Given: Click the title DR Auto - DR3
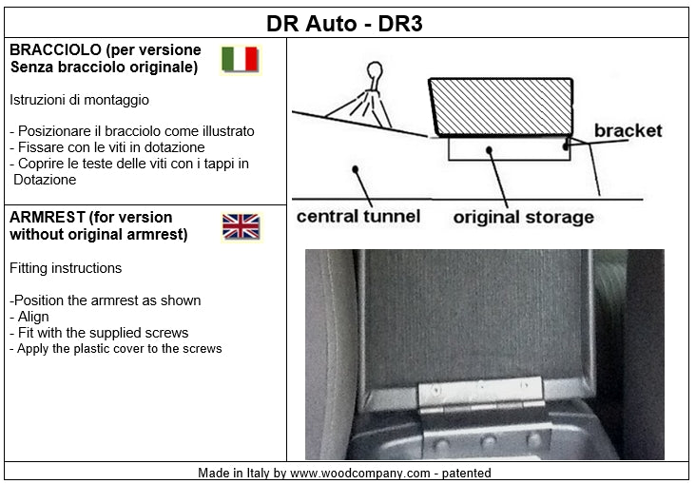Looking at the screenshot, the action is coord(344,24).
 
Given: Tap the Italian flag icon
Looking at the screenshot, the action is coord(241,60).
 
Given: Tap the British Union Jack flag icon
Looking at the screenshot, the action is coord(241,227).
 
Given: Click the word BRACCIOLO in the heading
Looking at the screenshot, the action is coord(55,49).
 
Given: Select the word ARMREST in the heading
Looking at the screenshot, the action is coord(47,217).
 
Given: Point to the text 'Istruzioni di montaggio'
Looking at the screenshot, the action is coord(79,100).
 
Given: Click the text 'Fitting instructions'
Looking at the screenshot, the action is coord(66,268).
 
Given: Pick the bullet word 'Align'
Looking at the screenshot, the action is coord(33,317).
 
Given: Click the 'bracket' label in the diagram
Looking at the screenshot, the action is coord(628,130).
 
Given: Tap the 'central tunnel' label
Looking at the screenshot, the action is coord(358,216).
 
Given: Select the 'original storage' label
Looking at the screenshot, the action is coord(523,217).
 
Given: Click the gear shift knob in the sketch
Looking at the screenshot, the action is coord(375,71).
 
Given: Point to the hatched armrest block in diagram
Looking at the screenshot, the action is coord(501,106).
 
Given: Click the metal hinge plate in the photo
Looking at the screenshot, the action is coord(481,392).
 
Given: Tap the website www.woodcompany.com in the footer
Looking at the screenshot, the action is coord(360,473).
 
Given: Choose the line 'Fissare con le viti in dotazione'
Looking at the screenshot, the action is coord(107,147).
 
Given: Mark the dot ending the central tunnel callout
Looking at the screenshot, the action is coord(355,169).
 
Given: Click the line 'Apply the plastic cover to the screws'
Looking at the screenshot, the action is coord(115,349).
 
